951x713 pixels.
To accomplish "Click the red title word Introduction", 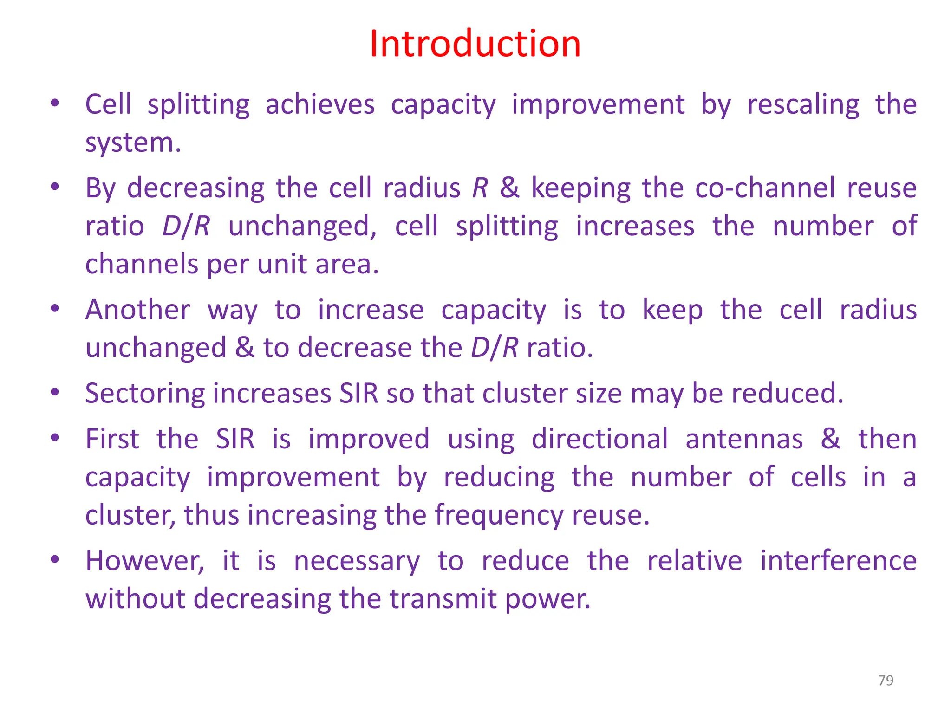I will click(x=475, y=44).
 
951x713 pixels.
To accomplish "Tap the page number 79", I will click(x=886, y=680).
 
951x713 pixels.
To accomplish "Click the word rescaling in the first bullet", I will click(x=803, y=104).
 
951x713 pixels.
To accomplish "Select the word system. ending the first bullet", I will click(x=133, y=143).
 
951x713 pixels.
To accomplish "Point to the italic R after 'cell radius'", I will click(x=480, y=188).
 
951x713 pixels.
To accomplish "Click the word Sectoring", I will click(x=145, y=393).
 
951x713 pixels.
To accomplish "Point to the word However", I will click(x=144, y=560).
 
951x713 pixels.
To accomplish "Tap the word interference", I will click(x=838, y=560).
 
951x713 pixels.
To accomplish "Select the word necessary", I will click(x=357, y=561).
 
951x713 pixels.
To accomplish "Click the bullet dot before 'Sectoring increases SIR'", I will click(x=55, y=392).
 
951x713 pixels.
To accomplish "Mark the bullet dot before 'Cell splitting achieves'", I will click(x=55, y=103).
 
